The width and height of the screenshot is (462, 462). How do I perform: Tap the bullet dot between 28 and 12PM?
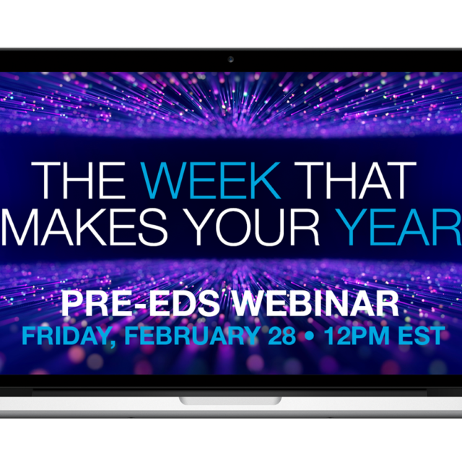tap(305, 337)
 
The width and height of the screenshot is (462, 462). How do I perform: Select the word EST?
tap(419, 336)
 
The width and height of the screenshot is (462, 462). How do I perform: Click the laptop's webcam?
tap(231, 59)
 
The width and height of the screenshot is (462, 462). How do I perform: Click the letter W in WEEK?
tap(163, 181)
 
